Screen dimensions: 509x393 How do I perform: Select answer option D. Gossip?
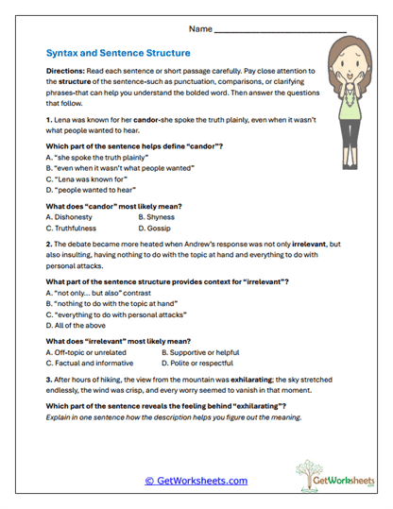pyautogui.click(x=157, y=228)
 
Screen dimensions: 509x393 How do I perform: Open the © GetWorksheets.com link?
pyautogui.click(x=196, y=481)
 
